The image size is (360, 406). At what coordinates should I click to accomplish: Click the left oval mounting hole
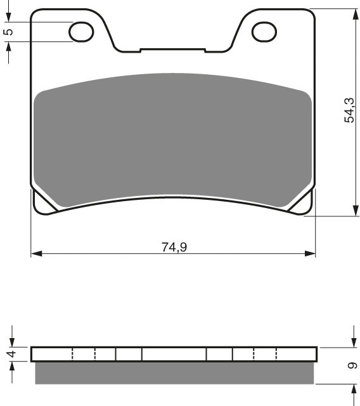(81, 31)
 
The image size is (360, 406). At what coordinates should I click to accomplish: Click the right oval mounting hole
(265, 31)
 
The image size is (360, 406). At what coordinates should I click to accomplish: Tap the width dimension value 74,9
(174, 247)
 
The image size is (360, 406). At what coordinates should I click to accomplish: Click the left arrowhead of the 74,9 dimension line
(35, 254)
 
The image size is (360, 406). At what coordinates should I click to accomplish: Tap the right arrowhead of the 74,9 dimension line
(311, 254)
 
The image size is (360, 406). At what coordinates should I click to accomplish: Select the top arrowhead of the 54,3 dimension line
(353, 13)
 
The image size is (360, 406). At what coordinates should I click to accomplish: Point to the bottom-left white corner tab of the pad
(40, 204)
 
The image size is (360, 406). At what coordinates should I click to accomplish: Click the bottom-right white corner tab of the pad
(306, 204)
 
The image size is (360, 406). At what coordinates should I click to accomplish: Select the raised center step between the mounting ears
(173, 49)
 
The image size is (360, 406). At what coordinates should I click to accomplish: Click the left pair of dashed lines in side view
(84, 354)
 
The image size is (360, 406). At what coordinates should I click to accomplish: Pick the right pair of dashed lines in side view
(265, 354)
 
